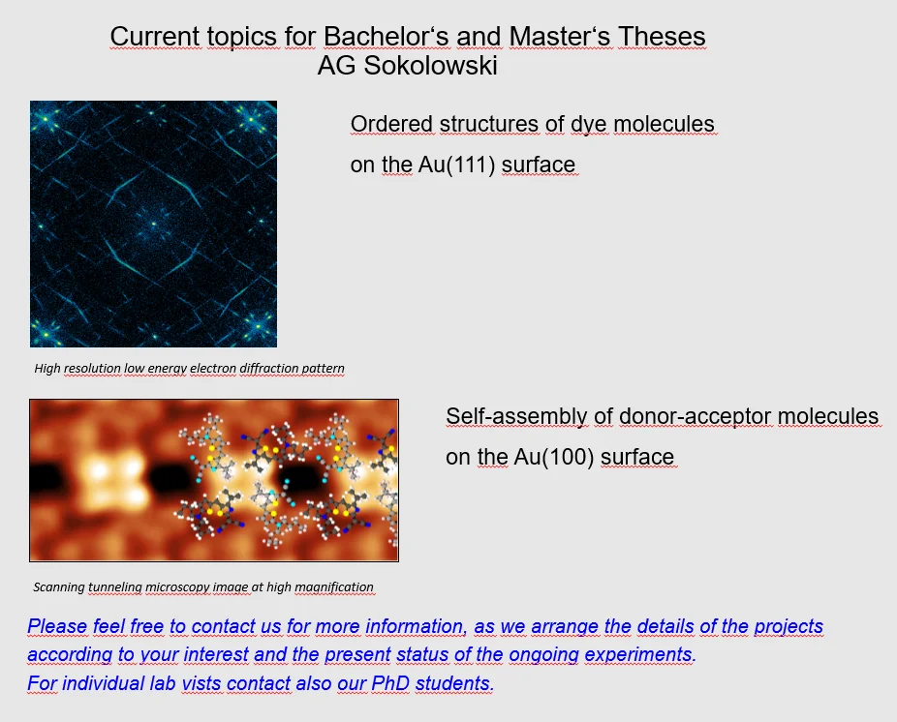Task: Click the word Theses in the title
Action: pyautogui.click(x=659, y=37)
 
